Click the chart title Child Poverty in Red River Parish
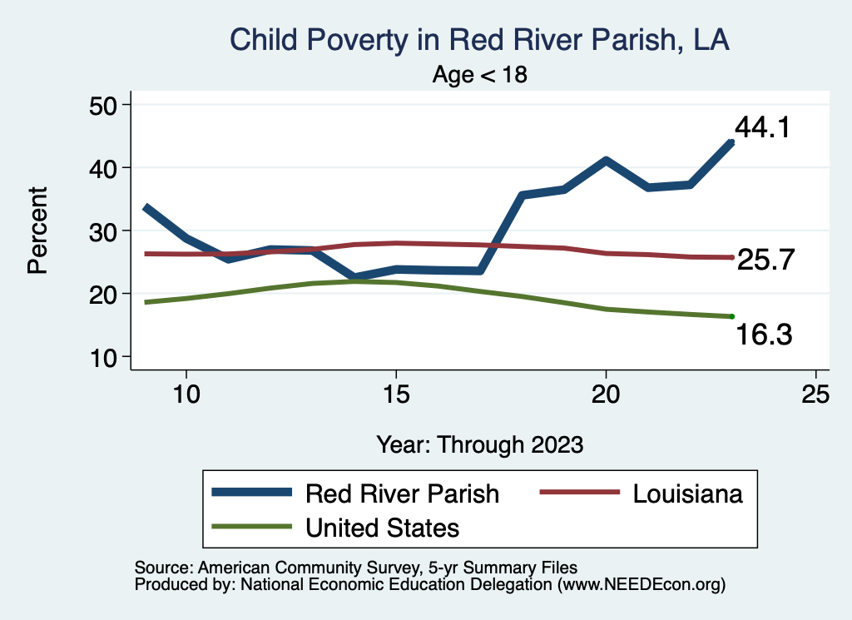479,40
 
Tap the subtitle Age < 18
480,75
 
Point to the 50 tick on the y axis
105,105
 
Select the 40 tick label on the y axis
105,168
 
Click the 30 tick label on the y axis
105,231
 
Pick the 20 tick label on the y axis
105,294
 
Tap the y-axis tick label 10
105,357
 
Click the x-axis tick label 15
396,394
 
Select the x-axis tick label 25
816,394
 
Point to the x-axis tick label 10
186,394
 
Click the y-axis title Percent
37,231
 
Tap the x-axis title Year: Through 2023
479,444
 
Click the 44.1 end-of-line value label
761,127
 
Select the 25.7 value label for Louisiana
767,260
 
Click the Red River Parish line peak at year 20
607,161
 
